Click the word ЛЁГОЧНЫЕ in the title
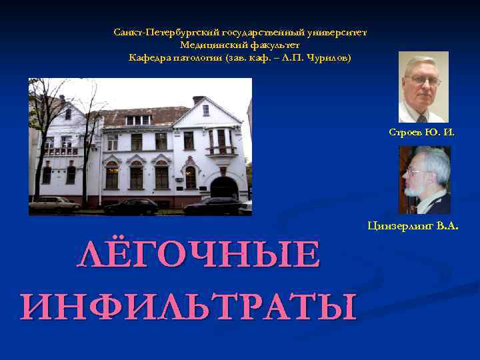pyautogui.click(x=199, y=255)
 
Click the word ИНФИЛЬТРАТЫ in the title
pyautogui.click(x=189, y=305)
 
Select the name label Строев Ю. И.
pyautogui.click(x=422, y=132)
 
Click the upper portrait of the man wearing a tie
pyautogui.click(x=423, y=87)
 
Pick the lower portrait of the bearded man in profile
pyautogui.click(x=424, y=179)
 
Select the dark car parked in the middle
pyautogui.click(x=131, y=207)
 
